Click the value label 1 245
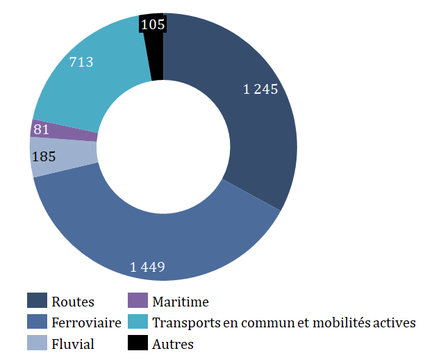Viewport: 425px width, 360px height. [x=260, y=89]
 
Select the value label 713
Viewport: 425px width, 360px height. [x=81, y=62]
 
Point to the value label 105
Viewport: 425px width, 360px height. [x=152, y=25]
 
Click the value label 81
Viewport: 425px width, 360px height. [x=41, y=129]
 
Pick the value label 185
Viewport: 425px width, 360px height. [x=44, y=156]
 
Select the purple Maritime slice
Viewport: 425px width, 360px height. [x=66, y=130]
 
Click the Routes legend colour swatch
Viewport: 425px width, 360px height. [x=37, y=301]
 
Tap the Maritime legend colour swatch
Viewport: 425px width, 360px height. [x=138, y=301]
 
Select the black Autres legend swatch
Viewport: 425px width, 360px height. [x=138, y=343]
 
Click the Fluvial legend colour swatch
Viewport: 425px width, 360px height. [x=37, y=343]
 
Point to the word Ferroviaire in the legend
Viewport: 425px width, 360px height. [x=86, y=322]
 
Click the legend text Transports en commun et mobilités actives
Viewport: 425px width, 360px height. [x=283, y=322]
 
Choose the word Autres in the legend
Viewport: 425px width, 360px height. [x=173, y=344]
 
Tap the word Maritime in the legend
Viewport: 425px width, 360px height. [x=181, y=302]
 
